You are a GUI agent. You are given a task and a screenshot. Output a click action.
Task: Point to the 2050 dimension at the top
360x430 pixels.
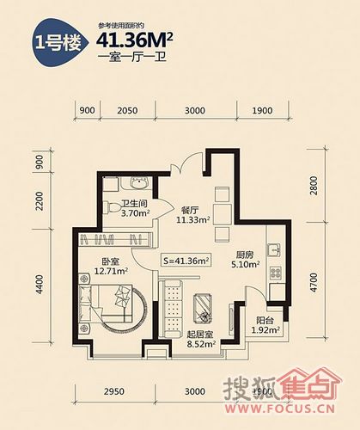127,111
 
